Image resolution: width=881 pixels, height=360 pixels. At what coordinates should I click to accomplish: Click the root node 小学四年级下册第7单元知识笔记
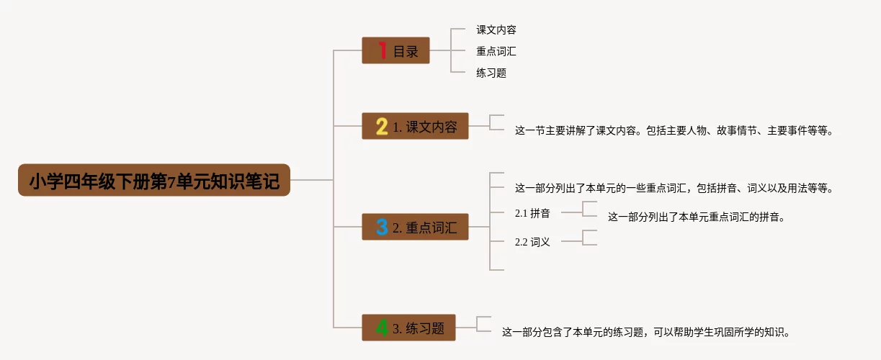tap(153, 181)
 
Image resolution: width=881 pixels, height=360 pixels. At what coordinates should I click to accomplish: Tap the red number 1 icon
tap(383, 50)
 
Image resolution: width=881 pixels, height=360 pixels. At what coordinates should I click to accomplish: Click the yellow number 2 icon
tap(382, 127)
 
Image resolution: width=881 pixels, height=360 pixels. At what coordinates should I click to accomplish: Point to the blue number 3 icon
tap(382, 228)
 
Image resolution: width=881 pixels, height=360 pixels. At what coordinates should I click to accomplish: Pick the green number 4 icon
tap(382, 328)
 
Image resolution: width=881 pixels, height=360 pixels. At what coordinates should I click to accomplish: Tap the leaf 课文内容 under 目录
tap(496, 30)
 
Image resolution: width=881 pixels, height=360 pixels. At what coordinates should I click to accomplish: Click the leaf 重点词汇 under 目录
tap(496, 52)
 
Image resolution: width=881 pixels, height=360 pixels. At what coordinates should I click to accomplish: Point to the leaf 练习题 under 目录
tap(491, 73)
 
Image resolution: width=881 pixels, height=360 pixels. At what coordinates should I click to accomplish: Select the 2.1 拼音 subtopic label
tap(532, 214)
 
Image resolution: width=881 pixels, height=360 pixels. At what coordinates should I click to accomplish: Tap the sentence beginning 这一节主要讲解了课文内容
tap(674, 131)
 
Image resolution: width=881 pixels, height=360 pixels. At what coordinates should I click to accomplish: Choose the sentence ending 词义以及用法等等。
tap(674, 189)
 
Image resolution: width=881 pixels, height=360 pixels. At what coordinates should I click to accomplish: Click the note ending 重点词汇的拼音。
tap(695, 217)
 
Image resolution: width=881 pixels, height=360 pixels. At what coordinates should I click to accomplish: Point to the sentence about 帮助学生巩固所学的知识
tap(646, 333)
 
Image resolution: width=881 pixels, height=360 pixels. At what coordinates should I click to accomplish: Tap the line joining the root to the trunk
tap(311, 180)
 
